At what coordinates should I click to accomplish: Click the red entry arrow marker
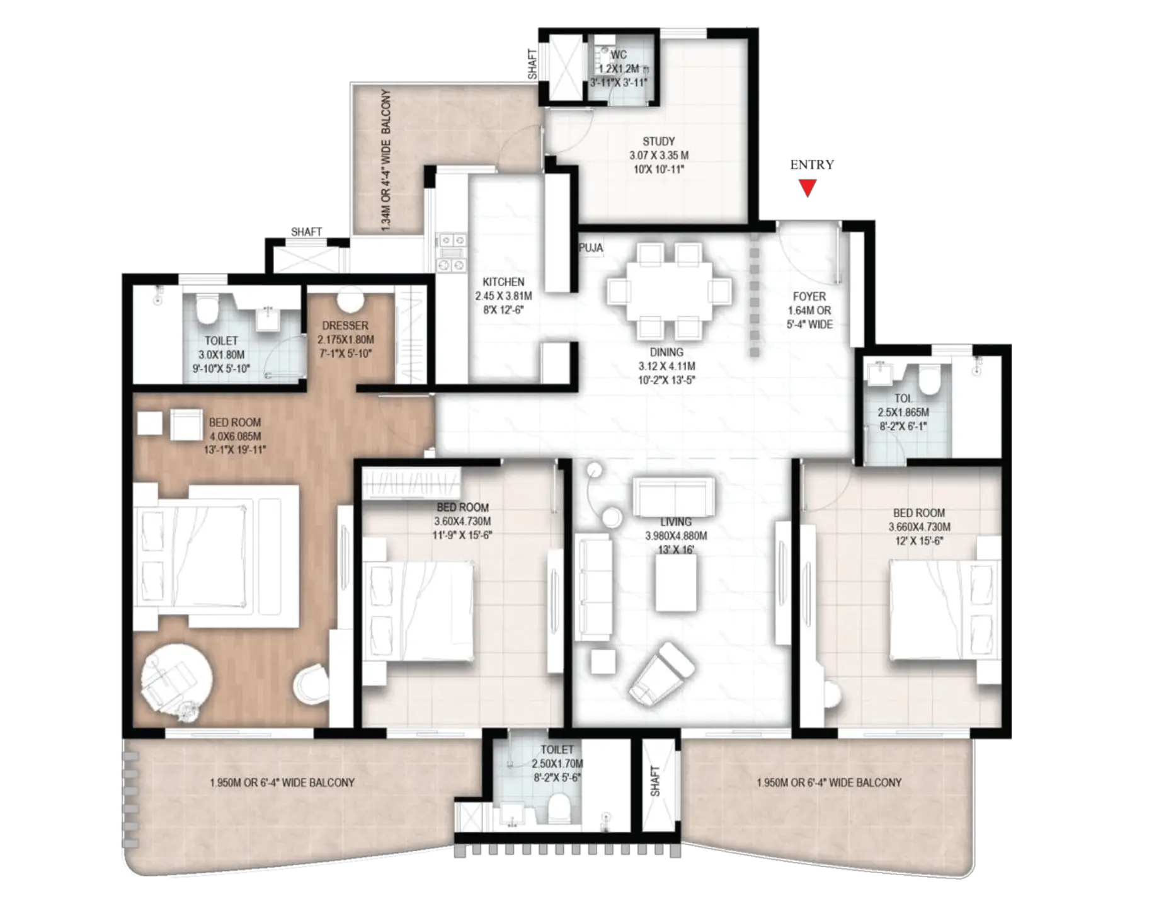click(x=808, y=188)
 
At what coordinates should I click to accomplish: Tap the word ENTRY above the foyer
click(x=812, y=164)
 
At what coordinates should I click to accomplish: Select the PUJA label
click(x=591, y=248)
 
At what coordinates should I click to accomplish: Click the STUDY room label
click(x=658, y=141)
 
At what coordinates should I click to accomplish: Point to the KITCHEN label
click(x=503, y=282)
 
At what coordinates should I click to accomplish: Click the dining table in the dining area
click(x=670, y=292)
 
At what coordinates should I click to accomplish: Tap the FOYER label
click(x=809, y=296)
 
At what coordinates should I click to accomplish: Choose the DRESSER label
click(x=345, y=325)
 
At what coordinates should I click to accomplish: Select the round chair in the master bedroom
click(x=176, y=682)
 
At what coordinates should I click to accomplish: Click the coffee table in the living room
click(x=676, y=583)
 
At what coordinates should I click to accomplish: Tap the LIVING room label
click(x=676, y=522)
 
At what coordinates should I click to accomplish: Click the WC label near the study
click(x=619, y=55)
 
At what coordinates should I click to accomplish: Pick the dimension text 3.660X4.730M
click(x=920, y=527)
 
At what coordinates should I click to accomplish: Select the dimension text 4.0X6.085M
click(x=235, y=436)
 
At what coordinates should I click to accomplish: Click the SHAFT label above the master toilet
click(x=306, y=232)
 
